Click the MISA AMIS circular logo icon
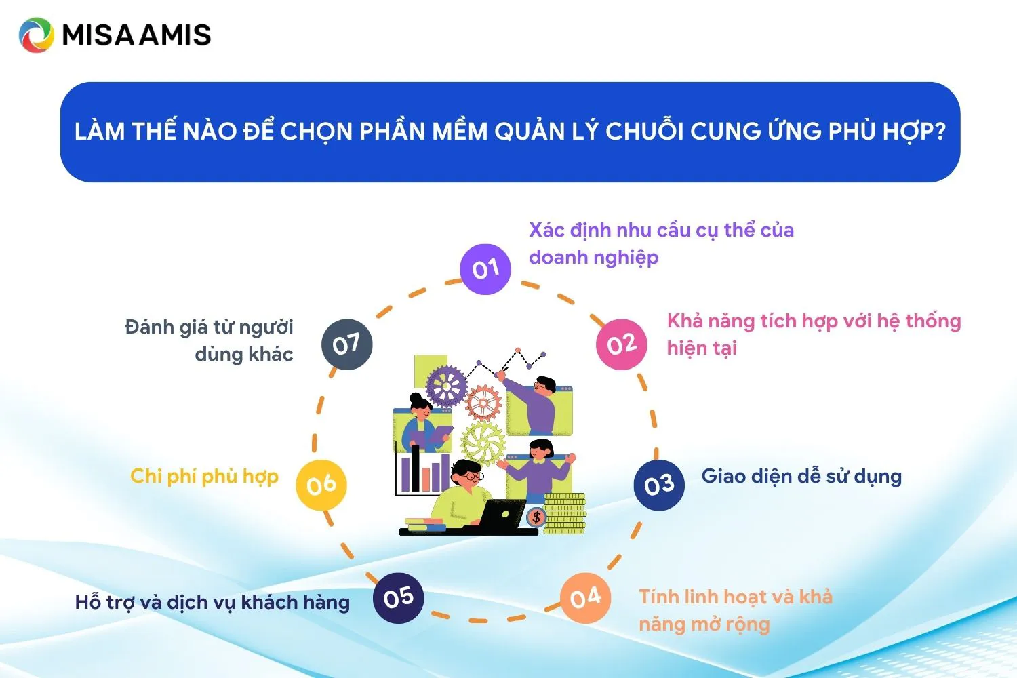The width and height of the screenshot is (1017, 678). [37, 35]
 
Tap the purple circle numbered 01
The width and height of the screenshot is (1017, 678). [485, 269]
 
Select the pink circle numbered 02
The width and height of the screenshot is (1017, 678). [622, 344]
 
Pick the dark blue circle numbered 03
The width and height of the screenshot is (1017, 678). [659, 485]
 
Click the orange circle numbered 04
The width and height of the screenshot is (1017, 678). [585, 598]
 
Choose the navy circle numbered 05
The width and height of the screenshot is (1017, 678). [398, 598]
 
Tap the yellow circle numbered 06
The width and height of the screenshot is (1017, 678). [321, 485]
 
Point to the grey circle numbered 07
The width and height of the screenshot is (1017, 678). [347, 344]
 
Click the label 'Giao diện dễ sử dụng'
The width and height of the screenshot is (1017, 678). [801, 477]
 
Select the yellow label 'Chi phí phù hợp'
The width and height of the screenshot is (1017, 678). [204, 477]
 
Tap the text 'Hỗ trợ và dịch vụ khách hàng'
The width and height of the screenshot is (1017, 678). [212, 603]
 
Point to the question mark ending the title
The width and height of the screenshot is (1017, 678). [939, 132]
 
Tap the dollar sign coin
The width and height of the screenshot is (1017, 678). [536, 517]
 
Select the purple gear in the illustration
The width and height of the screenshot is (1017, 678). [446, 386]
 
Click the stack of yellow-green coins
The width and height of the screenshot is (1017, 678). [565, 514]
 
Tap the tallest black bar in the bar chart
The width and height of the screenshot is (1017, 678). [415, 468]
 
